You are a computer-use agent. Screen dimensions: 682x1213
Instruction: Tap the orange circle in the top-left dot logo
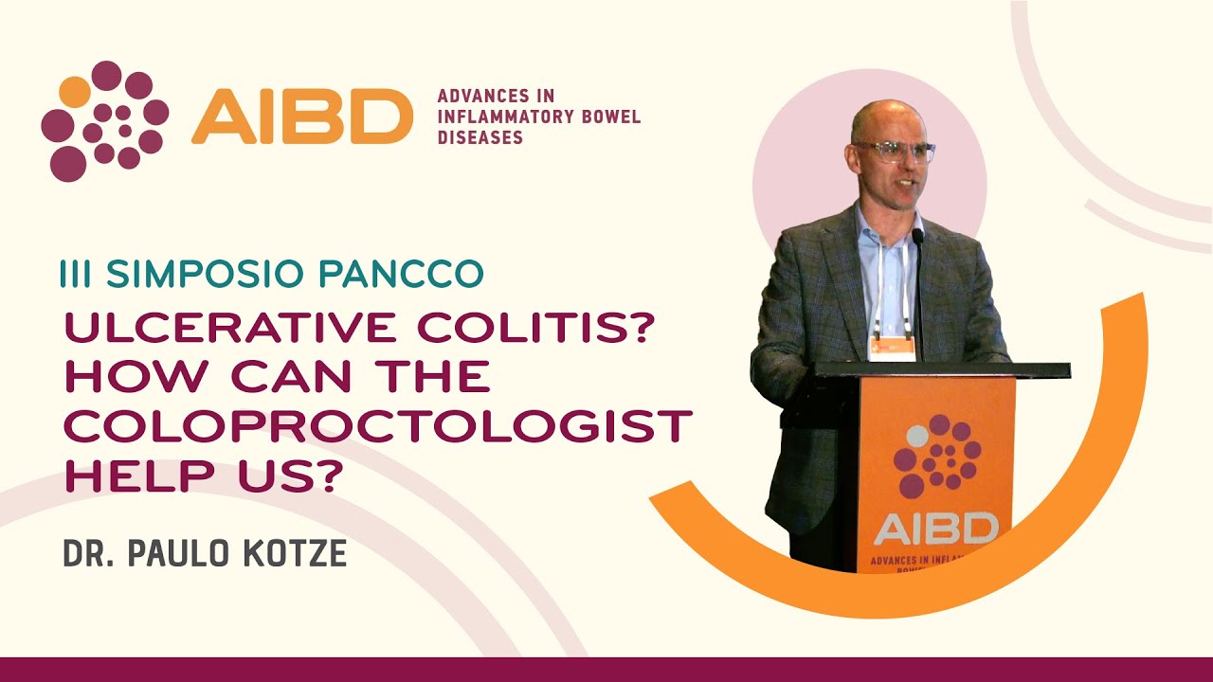[x=75, y=92]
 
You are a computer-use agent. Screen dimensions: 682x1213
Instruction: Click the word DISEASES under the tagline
[x=480, y=137]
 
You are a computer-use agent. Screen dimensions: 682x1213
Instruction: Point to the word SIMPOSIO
[x=208, y=273]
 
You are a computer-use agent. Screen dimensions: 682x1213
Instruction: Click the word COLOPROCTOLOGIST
[x=377, y=426]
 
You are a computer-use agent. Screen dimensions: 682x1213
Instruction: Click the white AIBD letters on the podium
[x=935, y=528]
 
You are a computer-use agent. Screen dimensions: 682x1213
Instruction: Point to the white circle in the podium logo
[x=917, y=437]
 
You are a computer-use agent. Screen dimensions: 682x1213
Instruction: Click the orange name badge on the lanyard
[x=892, y=347]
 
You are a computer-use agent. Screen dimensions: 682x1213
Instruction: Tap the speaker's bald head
[x=880, y=118]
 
